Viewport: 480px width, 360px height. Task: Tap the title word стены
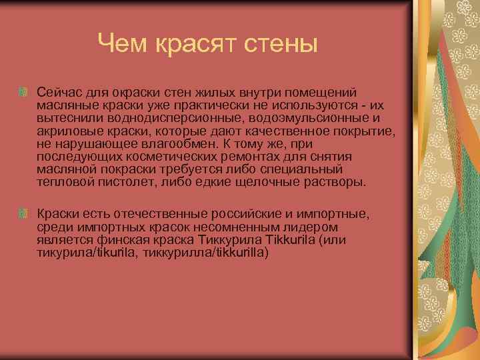click(x=280, y=45)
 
